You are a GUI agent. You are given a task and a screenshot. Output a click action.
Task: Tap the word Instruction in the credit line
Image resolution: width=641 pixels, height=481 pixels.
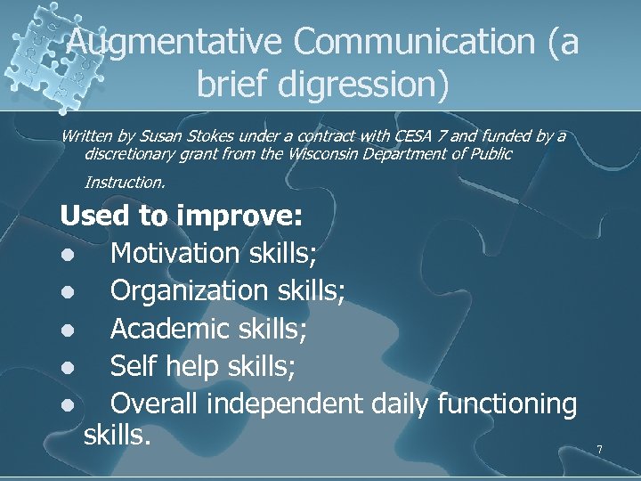coord(124,183)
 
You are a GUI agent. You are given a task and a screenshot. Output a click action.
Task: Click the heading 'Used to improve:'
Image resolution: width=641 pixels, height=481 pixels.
coord(182,216)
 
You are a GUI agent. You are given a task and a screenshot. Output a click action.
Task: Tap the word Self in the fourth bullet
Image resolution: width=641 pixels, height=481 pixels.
coord(133,366)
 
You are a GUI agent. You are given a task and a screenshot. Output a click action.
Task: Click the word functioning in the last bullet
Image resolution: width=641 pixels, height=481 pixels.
coord(507,404)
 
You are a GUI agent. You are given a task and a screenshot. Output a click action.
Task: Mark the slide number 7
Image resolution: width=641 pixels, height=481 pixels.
coord(599,450)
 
